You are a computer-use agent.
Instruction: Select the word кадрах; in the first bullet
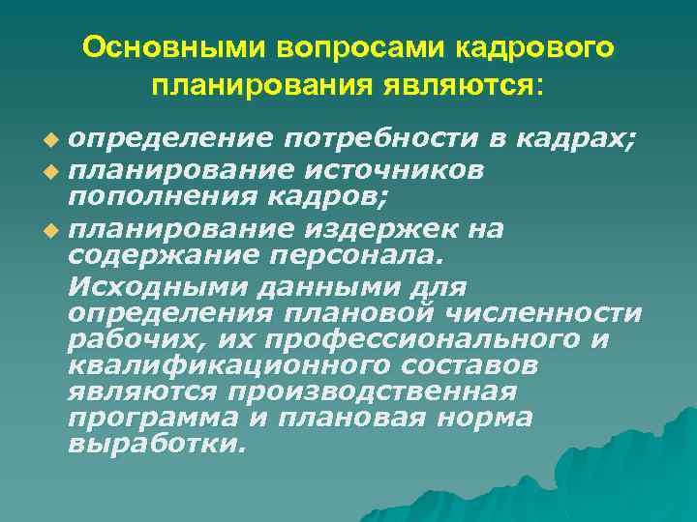pyautogui.click(x=576, y=140)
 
